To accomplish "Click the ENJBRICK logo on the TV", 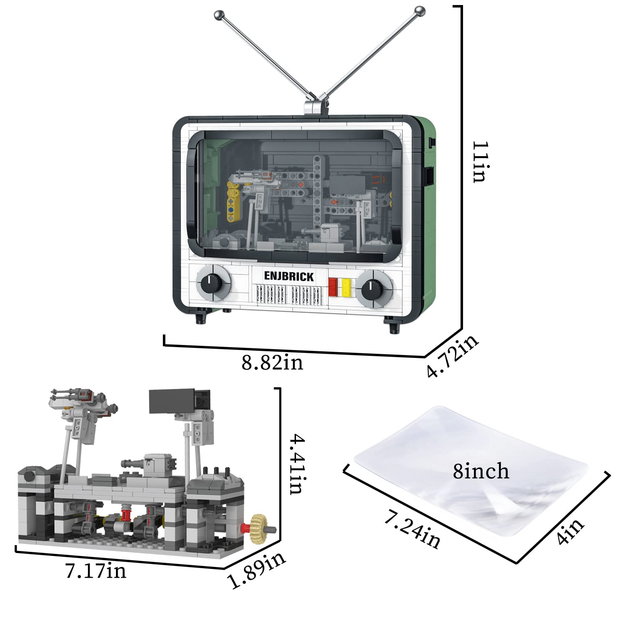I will pyautogui.click(x=289, y=276).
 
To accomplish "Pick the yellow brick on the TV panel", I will pyautogui.click(x=346, y=288).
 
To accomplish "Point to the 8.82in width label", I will pyautogui.click(x=272, y=363).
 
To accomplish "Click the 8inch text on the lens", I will pyautogui.click(x=481, y=472).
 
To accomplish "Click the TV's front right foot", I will pyautogui.click(x=393, y=327).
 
